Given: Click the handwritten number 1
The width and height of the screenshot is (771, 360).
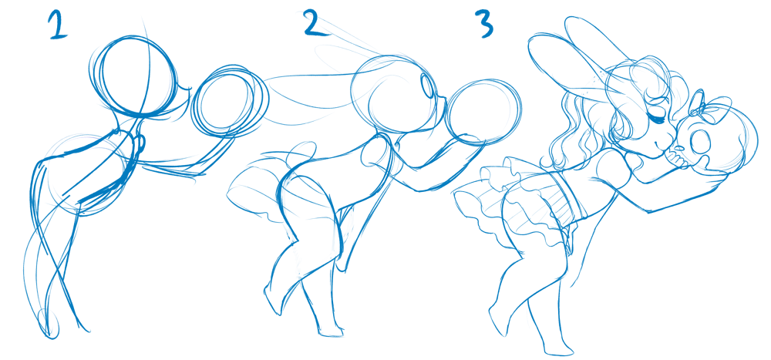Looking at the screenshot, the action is coord(58,25).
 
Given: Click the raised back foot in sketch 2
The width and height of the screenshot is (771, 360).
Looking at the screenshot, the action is coord(273,300).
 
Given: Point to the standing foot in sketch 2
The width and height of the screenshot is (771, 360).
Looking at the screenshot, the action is coord(330,330).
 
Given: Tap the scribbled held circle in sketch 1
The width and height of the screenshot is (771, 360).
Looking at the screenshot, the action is coord(230,101).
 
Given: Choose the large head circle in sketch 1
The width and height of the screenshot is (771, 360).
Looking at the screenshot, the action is coord(133,76).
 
